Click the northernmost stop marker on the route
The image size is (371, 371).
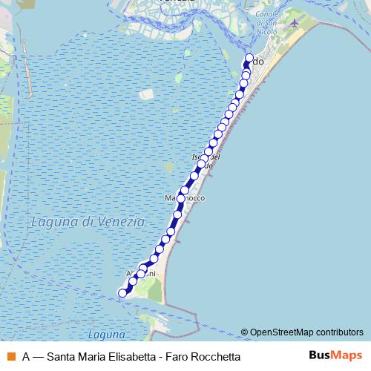point(249,59)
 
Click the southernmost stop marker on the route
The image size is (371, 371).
point(123,293)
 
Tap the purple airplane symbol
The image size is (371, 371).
point(295,23)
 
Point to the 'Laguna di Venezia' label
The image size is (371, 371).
point(88,222)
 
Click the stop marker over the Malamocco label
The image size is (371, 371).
point(180,199)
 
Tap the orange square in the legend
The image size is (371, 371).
point(10,356)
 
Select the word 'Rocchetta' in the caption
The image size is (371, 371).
point(214,356)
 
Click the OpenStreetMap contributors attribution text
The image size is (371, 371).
point(306,332)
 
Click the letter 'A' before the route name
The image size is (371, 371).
point(26,356)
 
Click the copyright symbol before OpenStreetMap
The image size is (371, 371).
point(244,332)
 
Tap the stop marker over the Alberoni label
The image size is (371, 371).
point(141,274)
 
